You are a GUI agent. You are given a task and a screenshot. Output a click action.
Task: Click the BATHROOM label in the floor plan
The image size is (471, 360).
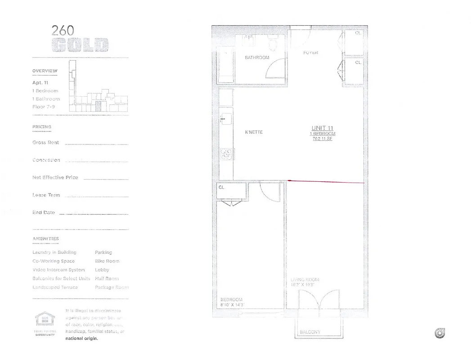click(x=257, y=58)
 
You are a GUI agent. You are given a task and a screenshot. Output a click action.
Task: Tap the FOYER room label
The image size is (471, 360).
click(x=310, y=53)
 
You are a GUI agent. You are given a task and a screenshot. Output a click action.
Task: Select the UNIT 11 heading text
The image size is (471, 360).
click(x=322, y=128)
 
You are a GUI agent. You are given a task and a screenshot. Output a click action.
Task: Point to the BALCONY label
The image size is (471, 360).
click(x=310, y=332)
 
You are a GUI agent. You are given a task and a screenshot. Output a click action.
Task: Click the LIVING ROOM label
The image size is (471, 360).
click(x=305, y=280)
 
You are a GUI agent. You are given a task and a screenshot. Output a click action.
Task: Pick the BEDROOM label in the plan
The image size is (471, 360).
click(x=231, y=300)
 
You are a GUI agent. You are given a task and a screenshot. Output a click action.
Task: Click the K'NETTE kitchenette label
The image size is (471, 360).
click(x=254, y=132)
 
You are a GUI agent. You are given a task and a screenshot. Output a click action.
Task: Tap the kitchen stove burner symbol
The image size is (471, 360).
click(x=226, y=154)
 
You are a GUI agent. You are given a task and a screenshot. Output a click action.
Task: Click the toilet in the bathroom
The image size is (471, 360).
click(x=272, y=45)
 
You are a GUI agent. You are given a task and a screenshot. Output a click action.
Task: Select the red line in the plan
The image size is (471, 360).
click(x=326, y=182)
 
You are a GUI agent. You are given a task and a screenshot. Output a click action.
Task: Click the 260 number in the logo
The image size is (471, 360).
click(x=63, y=31)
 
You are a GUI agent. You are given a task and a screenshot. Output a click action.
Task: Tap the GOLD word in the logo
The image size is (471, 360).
click(x=80, y=45)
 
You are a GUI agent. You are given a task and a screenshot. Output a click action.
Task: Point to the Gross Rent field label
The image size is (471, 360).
click(x=45, y=143)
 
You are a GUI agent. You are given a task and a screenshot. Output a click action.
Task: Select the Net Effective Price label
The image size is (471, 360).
click(x=55, y=177)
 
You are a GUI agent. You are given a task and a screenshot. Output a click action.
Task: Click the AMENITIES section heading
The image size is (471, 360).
click(x=45, y=238)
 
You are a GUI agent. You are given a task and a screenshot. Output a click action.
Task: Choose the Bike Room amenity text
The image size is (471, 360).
click(x=107, y=261)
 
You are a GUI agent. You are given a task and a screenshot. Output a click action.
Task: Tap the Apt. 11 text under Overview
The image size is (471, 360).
click(x=40, y=83)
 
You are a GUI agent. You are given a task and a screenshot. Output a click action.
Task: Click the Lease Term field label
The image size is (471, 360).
click(x=46, y=195)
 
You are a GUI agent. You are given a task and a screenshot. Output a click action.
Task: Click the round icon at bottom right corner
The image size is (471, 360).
click(x=440, y=333)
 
